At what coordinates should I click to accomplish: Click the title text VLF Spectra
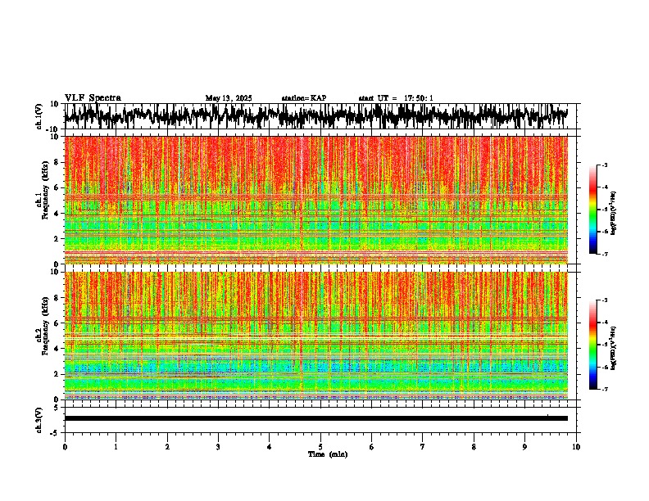tap(93, 98)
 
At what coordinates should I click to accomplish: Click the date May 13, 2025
tap(229, 98)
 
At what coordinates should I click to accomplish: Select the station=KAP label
tap(304, 98)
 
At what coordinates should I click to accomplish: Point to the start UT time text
tap(396, 98)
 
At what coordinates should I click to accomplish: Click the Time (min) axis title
tap(327, 454)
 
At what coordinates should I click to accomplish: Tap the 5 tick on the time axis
tap(320, 446)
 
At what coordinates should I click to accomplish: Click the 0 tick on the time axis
tap(65, 446)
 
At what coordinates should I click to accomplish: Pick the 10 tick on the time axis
tap(576, 446)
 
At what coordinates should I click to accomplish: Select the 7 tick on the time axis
tap(423, 446)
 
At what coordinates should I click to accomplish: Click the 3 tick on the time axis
tap(218, 446)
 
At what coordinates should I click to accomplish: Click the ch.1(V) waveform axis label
tap(39, 117)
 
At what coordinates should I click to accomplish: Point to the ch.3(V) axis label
tap(39, 418)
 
